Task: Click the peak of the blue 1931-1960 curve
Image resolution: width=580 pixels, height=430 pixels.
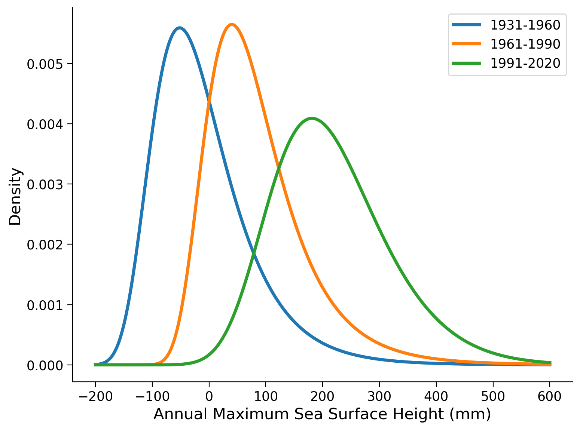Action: click(180, 28)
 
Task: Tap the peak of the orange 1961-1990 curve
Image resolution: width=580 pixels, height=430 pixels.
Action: click(232, 25)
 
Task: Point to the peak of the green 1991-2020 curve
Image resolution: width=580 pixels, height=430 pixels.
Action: click(311, 119)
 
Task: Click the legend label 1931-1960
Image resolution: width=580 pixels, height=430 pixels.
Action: click(525, 25)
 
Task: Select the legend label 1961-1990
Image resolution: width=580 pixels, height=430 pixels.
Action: click(525, 44)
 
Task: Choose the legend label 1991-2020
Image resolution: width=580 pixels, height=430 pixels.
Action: click(525, 63)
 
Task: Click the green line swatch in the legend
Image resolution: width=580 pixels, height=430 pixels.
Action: click(466, 63)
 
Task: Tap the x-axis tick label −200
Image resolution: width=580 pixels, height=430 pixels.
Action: click(95, 396)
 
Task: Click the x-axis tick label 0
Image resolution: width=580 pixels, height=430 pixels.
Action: click(209, 396)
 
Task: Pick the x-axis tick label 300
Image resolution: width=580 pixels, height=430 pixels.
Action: click(379, 396)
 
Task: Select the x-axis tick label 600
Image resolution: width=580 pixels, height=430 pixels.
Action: click(549, 396)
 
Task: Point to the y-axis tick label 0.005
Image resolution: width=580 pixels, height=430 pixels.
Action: click(44, 64)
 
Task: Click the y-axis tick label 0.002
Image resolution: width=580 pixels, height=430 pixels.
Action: click(44, 245)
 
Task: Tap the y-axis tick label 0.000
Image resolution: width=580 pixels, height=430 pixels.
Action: click(44, 365)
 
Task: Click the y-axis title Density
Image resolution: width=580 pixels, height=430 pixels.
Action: click(16, 197)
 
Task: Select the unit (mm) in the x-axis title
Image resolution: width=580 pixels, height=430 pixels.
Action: click(470, 414)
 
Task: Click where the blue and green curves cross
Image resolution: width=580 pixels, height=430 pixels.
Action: click(254, 254)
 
